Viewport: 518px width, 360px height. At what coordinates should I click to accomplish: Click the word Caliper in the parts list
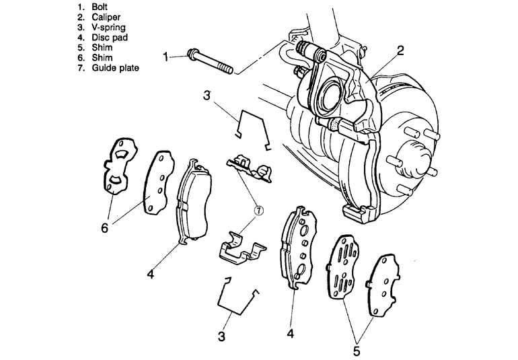(106, 17)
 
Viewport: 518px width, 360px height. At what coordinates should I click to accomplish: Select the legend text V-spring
(108, 28)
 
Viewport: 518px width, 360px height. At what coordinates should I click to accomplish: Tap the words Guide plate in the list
(115, 68)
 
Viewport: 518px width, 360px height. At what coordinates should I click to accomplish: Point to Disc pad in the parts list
(110, 38)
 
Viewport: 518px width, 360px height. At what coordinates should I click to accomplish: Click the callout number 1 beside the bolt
(166, 57)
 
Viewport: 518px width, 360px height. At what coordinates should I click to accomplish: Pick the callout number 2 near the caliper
(400, 50)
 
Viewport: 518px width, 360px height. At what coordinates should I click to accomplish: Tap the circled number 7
(259, 210)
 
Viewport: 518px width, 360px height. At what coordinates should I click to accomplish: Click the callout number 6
(104, 227)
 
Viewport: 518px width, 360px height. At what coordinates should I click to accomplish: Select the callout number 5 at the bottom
(357, 351)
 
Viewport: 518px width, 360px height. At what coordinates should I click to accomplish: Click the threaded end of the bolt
(226, 69)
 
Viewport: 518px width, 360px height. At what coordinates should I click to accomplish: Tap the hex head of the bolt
(192, 55)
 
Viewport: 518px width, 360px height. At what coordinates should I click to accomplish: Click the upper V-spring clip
(254, 129)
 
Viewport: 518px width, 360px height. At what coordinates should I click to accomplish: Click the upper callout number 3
(207, 96)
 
